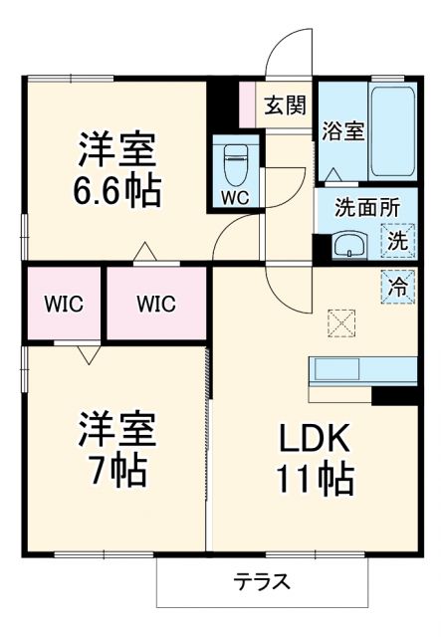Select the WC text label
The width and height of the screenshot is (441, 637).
[235, 196]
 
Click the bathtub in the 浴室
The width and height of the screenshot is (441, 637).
[392, 131]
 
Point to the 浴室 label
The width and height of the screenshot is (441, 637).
[341, 130]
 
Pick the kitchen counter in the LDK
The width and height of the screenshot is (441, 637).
[363, 369]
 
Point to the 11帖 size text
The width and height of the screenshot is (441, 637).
[315, 480]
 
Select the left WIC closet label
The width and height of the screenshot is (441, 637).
[63, 303]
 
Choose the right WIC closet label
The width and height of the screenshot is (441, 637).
[156, 303]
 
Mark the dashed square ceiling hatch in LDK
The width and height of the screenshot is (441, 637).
[341, 323]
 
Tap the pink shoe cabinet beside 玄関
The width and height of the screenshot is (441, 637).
[248, 103]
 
